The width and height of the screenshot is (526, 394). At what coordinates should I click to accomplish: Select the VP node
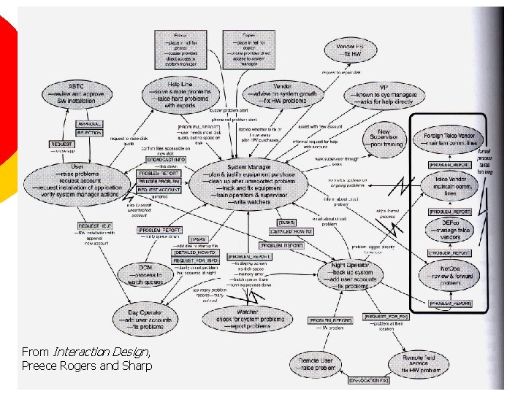click(x=384, y=96)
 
